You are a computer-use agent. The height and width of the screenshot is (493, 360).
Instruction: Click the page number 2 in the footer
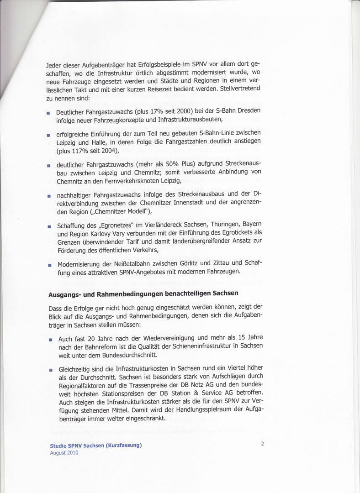(263, 443)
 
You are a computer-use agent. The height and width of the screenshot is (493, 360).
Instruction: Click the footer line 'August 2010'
(64, 453)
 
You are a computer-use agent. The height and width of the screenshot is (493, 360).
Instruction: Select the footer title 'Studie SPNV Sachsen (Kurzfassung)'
(96, 446)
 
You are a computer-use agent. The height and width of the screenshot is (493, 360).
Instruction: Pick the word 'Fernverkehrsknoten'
(127, 180)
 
